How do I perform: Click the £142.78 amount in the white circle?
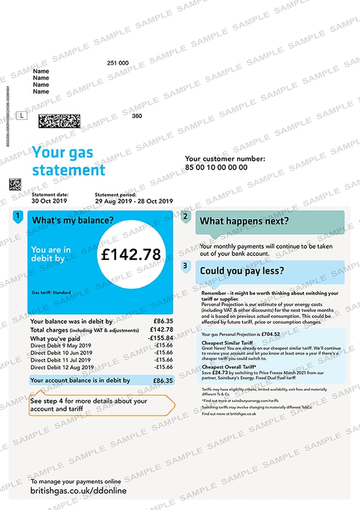pos(131,254)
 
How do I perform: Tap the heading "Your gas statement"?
pos(69,161)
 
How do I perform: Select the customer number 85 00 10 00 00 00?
pos(216,167)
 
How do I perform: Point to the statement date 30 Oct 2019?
pos(50,201)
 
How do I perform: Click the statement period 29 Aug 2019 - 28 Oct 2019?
pos(134,201)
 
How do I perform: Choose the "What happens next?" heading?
pos(244,221)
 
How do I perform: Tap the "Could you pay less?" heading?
pos(242,271)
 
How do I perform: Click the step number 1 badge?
pos(18,216)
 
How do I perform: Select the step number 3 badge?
pos(186,266)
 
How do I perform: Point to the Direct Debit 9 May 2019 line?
pos(61,345)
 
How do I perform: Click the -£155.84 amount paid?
pos(161,338)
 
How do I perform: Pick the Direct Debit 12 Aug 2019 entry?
pos(62,366)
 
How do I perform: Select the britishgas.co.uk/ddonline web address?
pos(78,491)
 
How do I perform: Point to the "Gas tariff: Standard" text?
pos(51,292)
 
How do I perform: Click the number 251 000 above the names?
pos(117,63)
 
